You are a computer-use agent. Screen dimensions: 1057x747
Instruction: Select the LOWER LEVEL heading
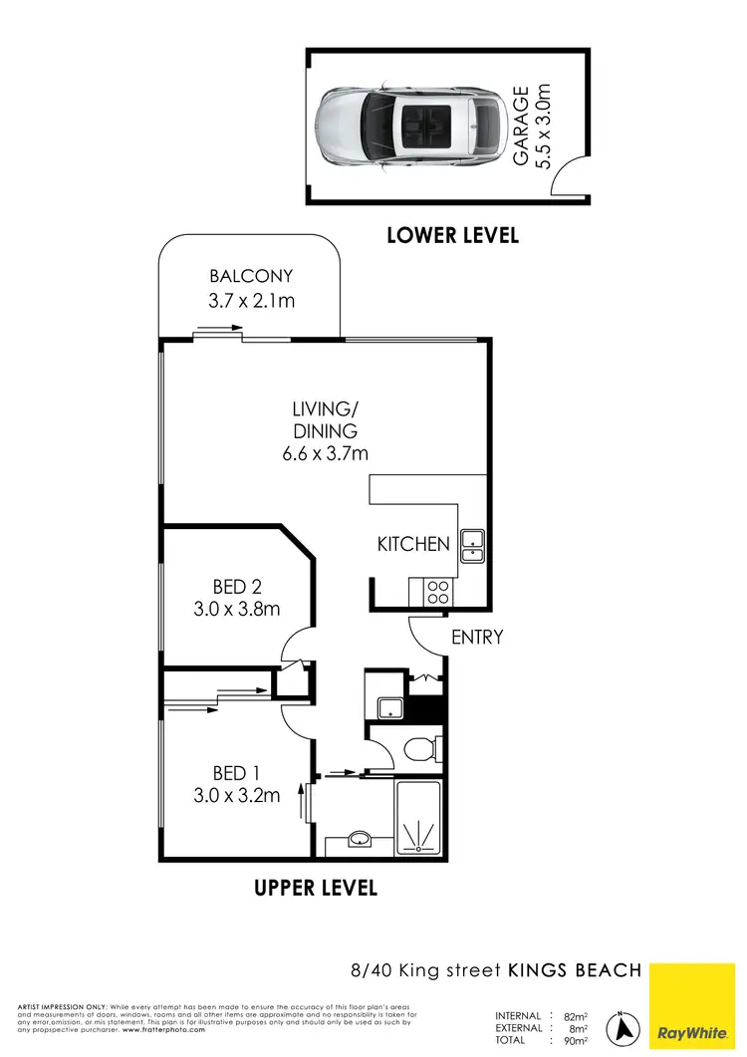pyautogui.click(x=453, y=236)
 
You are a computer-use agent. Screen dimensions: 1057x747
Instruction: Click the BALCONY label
pyautogui.click(x=251, y=277)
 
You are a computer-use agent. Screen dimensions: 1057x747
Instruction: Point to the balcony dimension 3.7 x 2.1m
pyautogui.click(x=251, y=301)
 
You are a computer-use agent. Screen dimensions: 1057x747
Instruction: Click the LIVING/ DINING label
pyautogui.click(x=325, y=419)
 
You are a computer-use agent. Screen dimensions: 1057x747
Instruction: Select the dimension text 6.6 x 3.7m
pyautogui.click(x=325, y=454)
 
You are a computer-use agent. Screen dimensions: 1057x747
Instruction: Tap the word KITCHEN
pyautogui.click(x=413, y=544)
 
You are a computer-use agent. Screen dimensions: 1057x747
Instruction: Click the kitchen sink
pyautogui.click(x=471, y=543)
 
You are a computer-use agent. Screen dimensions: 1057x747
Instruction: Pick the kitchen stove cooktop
pyautogui.click(x=436, y=593)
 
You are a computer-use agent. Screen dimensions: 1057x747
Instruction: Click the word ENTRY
pyautogui.click(x=477, y=638)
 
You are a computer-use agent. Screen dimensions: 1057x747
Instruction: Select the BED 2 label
pyautogui.click(x=237, y=586)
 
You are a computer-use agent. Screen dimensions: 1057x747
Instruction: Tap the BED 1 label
pyautogui.click(x=237, y=772)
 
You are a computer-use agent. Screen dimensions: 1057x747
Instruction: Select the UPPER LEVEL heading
pyautogui.click(x=317, y=887)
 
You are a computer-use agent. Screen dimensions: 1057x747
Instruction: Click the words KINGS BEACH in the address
pyautogui.click(x=577, y=969)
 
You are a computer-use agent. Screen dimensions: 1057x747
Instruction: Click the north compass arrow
pyautogui.click(x=625, y=1027)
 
